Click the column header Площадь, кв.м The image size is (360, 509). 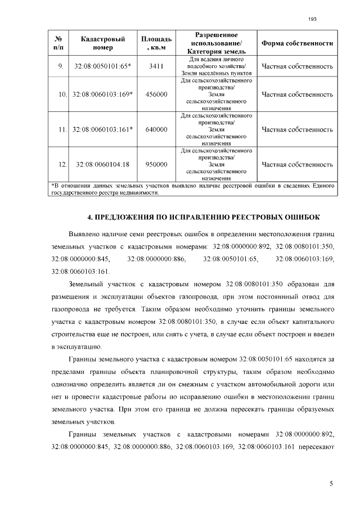click(156, 43)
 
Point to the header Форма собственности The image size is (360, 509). click(297, 43)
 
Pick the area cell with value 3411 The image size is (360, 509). click(156, 66)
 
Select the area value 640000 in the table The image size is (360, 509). click(156, 129)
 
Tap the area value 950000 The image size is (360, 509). click(156, 164)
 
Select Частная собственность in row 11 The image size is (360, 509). click(297, 129)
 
